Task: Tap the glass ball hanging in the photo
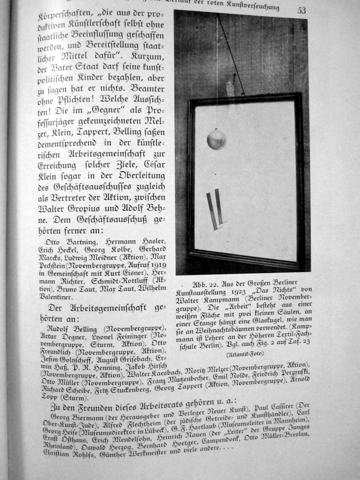[x=216, y=140]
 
